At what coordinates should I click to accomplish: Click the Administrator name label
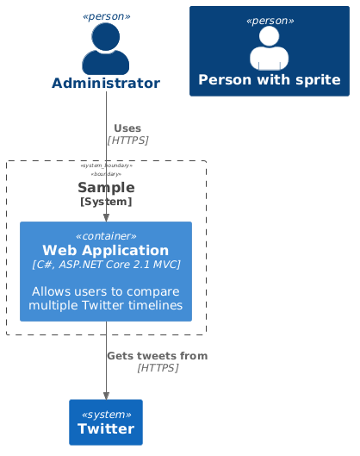106,83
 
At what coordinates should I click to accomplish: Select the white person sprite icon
269,47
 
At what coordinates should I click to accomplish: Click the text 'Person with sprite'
269,79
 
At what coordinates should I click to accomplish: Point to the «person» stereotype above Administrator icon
106,16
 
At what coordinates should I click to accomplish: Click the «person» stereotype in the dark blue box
269,20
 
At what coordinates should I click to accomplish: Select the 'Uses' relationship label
127,128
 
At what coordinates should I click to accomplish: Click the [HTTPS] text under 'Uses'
127,140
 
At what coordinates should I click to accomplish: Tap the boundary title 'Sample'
106,187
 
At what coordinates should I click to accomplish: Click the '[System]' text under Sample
106,202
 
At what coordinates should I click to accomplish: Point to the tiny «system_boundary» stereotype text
106,166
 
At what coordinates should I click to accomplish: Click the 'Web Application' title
106,250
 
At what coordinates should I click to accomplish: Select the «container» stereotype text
106,235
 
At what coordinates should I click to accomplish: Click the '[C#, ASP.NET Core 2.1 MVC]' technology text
106,265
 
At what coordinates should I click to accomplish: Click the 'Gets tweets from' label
157,355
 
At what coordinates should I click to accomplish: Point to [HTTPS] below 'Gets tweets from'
157,367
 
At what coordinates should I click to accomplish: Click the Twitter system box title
106,429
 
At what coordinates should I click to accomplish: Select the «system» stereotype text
106,413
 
